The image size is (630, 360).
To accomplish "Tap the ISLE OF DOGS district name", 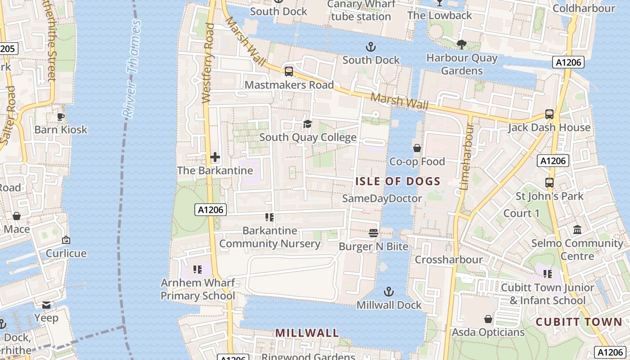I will pyautogui.click(x=397, y=181).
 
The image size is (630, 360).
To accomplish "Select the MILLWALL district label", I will pyautogui.click(x=307, y=333).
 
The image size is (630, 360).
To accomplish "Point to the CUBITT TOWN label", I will pyautogui.click(x=579, y=322).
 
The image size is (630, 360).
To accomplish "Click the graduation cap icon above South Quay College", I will pyautogui.click(x=308, y=124).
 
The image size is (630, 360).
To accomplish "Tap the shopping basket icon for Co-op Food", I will pyautogui.click(x=417, y=148).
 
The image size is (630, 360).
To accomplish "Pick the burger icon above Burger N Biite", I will pyautogui.click(x=373, y=233).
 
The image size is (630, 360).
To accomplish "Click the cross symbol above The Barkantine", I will pyautogui.click(x=215, y=157).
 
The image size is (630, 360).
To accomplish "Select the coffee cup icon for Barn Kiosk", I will pyautogui.click(x=61, y=117).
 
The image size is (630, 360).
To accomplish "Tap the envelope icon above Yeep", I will pyautogui.click(x=46, y=305).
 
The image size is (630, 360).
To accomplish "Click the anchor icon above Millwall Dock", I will pyautogui.click(x=389, y=292).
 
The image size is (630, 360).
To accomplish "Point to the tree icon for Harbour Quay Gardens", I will pyautogui.click(x=462, y=44).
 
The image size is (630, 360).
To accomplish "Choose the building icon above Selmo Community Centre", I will pyautogui.click(x=577, y=230).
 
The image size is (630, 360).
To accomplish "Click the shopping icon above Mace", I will pyautogui.click(x=17, y=216).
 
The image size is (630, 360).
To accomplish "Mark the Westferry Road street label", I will pyautogui.click(x=208, y=63).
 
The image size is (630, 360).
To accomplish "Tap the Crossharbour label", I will pyautogui.click(x=449, y=260).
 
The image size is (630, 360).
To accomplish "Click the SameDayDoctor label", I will pyautogui.click(x=382, y=198).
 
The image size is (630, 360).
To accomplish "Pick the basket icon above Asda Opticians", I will pyautogui.click(x=488, y=319).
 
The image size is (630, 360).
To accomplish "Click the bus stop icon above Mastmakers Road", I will pyautogui.click(x=289, y=71).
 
